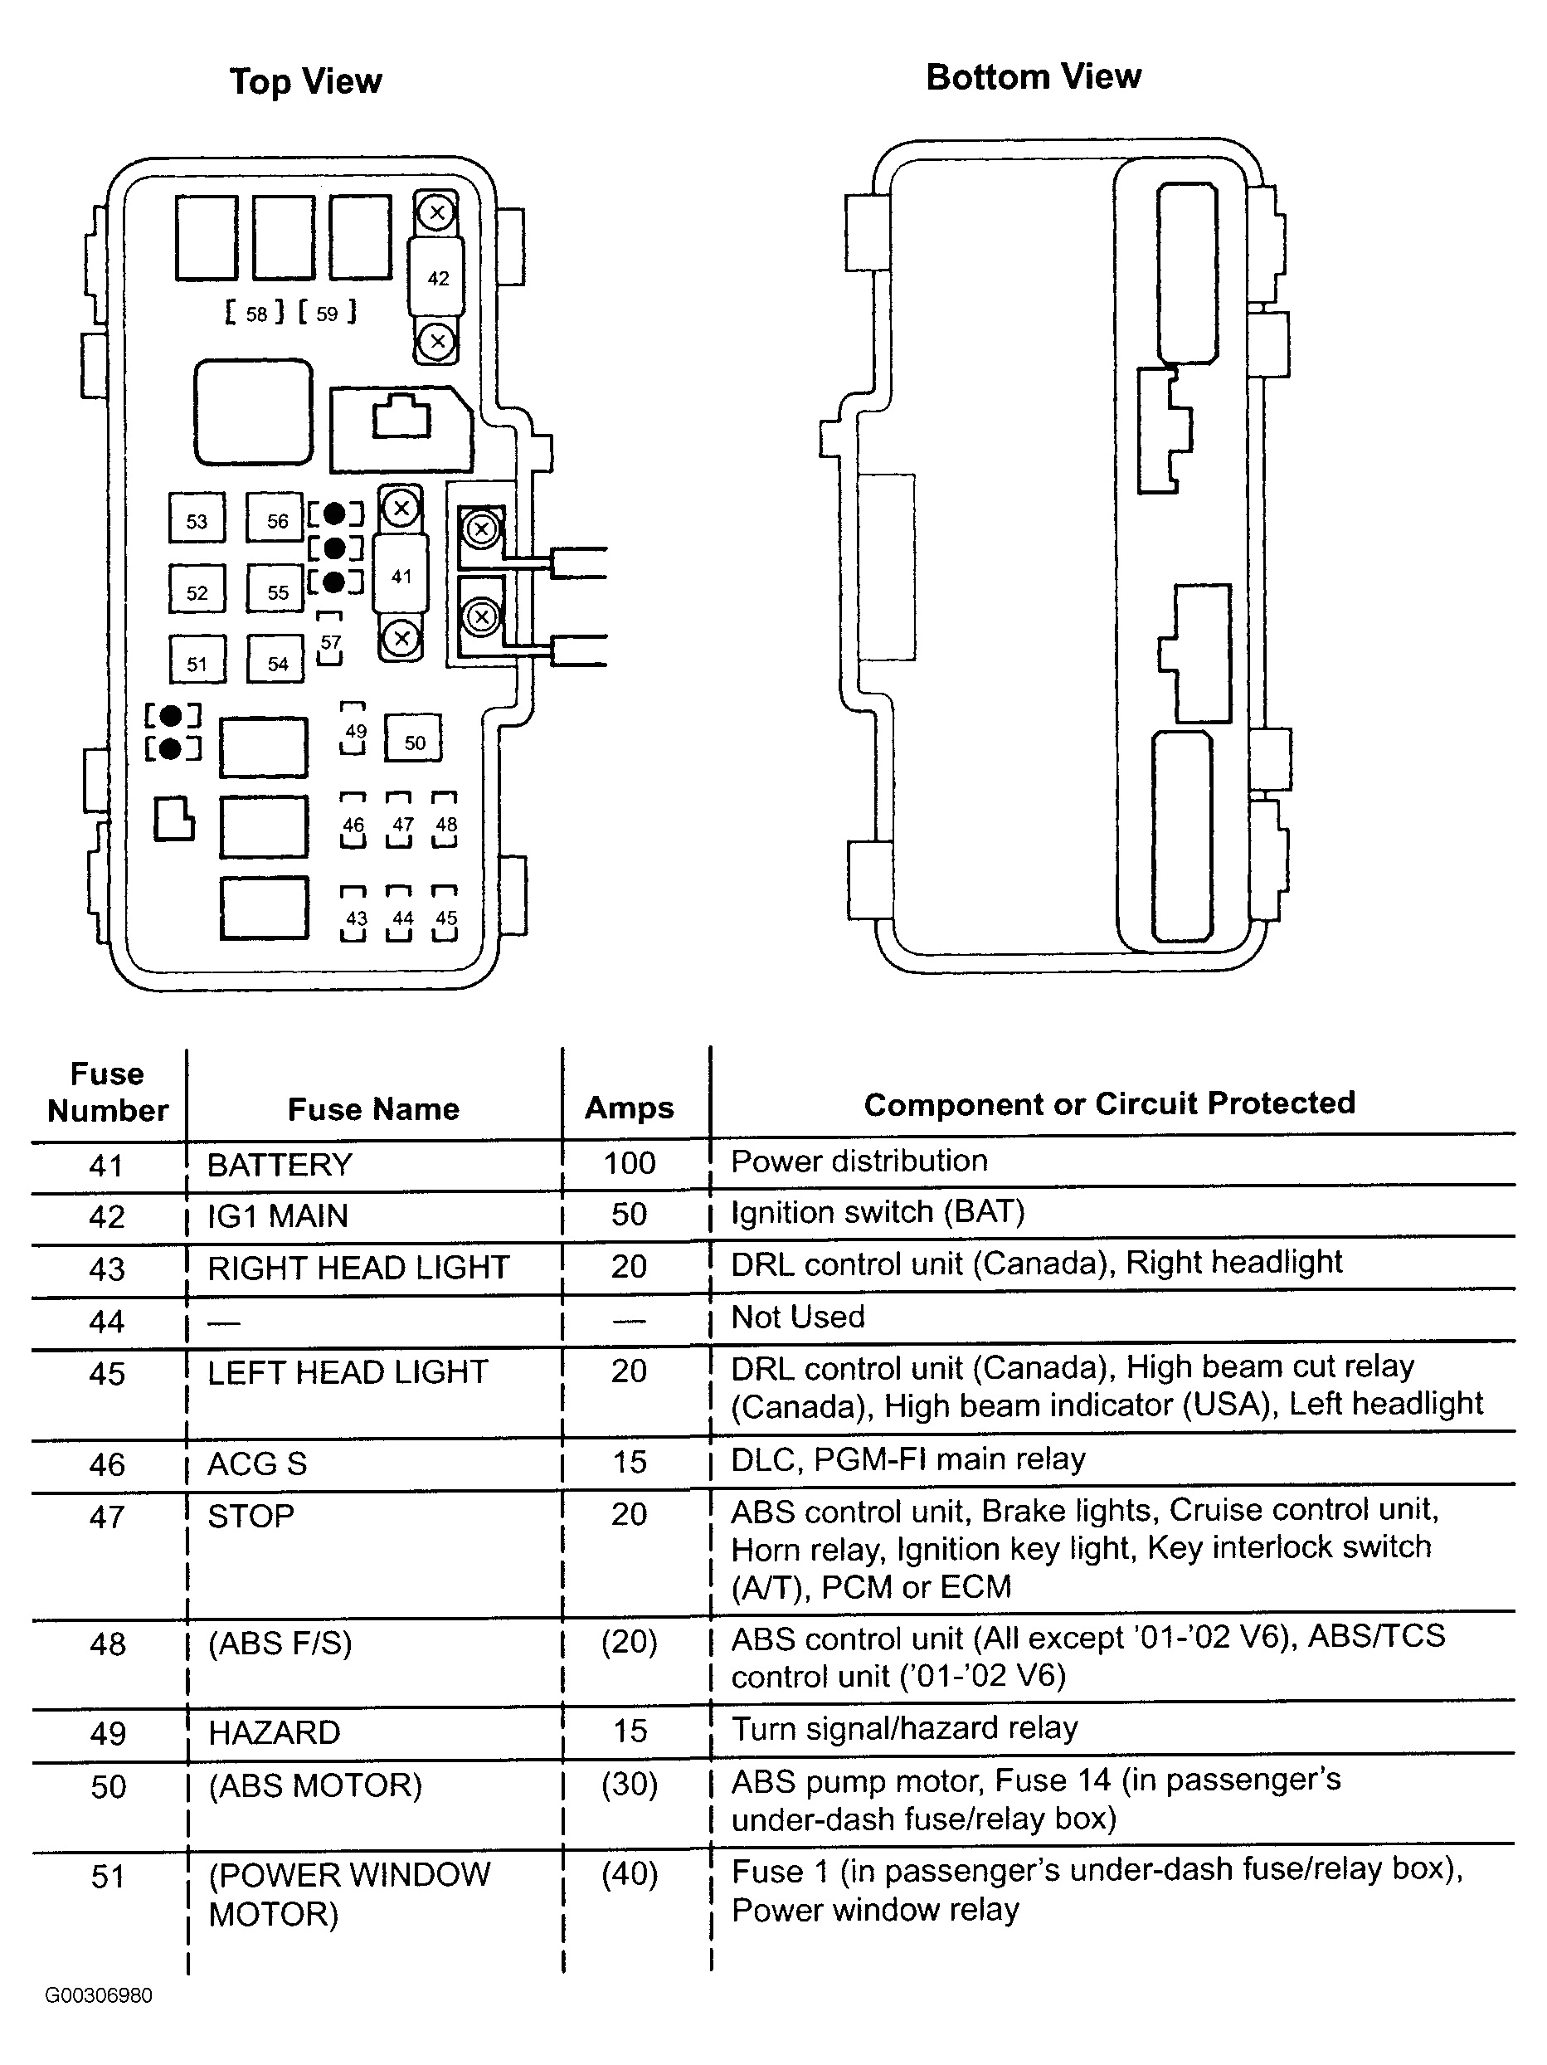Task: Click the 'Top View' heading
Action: point(305,82)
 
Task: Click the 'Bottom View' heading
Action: point(1033,77)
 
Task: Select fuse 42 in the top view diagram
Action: point(438,278)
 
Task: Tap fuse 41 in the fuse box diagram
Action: point(401,576)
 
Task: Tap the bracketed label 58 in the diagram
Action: point(255,314)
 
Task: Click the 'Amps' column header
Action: point(630,1108)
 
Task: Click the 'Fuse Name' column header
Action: point(373,1109)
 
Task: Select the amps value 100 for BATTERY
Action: point(630,1163)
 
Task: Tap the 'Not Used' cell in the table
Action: point(797,1317)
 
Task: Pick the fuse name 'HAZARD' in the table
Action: point(275,1732)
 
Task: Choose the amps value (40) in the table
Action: point(630,1874)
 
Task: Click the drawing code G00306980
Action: point(99,1996)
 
